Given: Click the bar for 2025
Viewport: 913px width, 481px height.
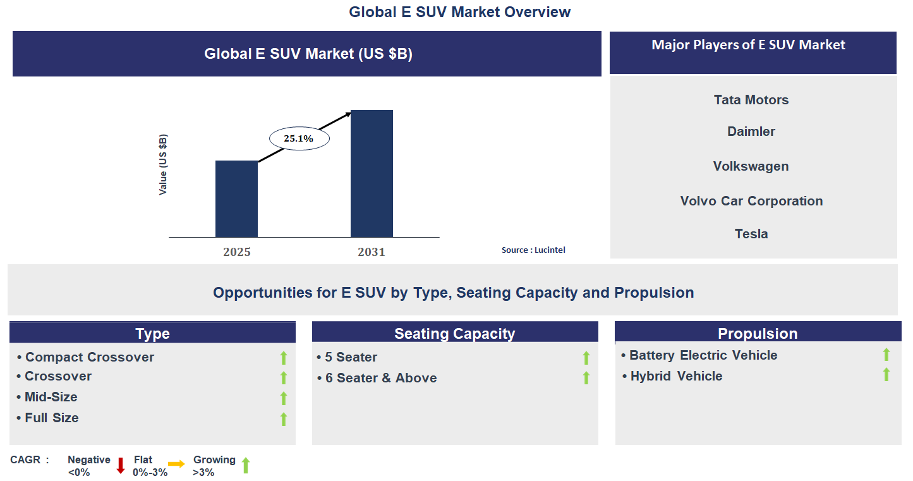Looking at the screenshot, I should pyautogui.click(x=236, y=199).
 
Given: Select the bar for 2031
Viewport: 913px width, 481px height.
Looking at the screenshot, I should pyautogui.click(x=372, y=174).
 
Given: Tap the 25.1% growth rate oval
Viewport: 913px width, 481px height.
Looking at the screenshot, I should pyautogui.click(x=299, y=138).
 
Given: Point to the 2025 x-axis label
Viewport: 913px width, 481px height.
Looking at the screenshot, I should pyautogui.click(x=237, y=252).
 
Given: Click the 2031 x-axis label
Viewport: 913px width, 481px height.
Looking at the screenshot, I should pyautogui.click(x=372, y=252).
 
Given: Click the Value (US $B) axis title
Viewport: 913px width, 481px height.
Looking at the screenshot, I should pyautogui.click(x=164, y=164).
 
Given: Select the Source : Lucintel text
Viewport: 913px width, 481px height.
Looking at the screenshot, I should pyautogui.click(x=533, y=250).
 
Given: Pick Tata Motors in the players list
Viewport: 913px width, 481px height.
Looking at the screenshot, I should pyautogui.click(x=751, y=100).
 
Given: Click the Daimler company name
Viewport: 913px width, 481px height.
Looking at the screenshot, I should pyautogui.click(x=751, y=131).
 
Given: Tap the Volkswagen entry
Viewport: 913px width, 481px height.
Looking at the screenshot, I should pyautogui.click(x=751, y=166).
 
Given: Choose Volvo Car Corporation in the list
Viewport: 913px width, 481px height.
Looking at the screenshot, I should pyautogui.click(x=751, y=201).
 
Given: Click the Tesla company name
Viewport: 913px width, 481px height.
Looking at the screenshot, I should pyautogui.click(x=751, y=234).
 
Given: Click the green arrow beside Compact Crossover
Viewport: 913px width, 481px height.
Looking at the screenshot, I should pyautogui.click(x=284, y=358).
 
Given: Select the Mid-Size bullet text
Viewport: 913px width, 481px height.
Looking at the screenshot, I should pyautogui.click(x=51, y=397).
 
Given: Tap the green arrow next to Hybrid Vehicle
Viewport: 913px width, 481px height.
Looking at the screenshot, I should pyautogui.click(x=886, y=375).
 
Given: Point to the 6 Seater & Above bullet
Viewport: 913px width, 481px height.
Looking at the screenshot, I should pyautogui.click(x=381, y=378).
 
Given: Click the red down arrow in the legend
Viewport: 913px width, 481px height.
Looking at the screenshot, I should pyautogui.click(x=121, y=466).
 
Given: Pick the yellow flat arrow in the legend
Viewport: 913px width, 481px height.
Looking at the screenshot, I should pyautogui.click(x=176, y=464).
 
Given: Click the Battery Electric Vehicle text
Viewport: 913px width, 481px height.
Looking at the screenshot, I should pyautogui.click(x=703, y=355).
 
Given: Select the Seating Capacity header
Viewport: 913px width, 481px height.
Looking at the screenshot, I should pyautogui.click(x=455, y=334).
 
